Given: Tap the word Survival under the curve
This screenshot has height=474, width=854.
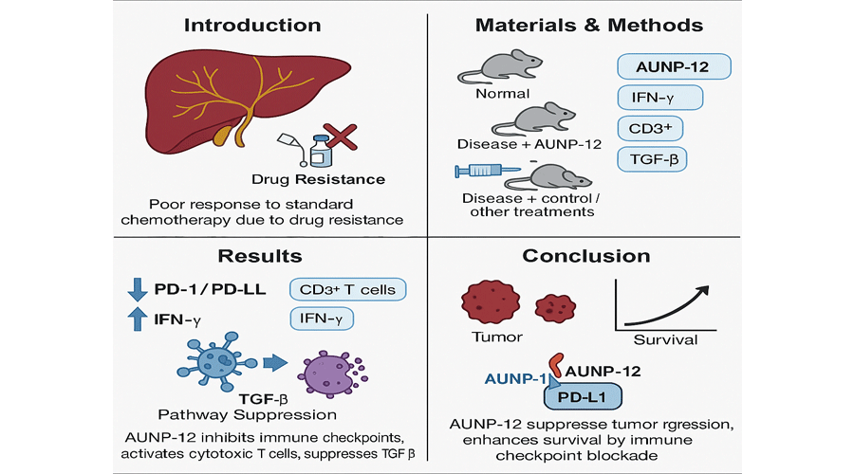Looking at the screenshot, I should coord(664,339).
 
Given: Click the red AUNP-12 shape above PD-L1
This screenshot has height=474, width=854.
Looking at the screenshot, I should coord(560,365).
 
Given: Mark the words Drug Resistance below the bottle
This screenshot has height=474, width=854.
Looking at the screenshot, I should coord(305,179).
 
